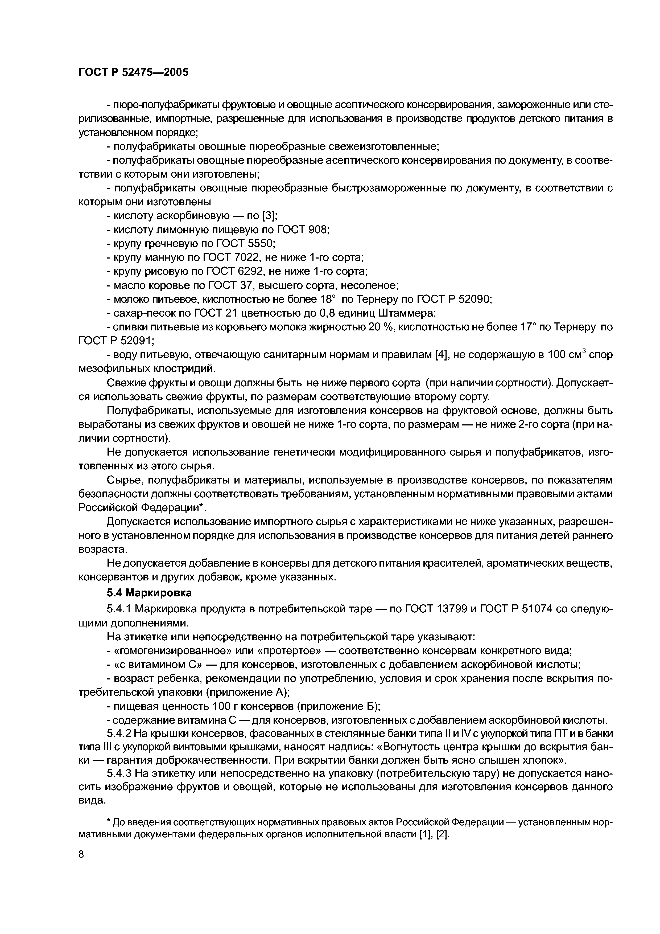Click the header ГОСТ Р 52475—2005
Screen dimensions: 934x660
(x=133, y=72)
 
